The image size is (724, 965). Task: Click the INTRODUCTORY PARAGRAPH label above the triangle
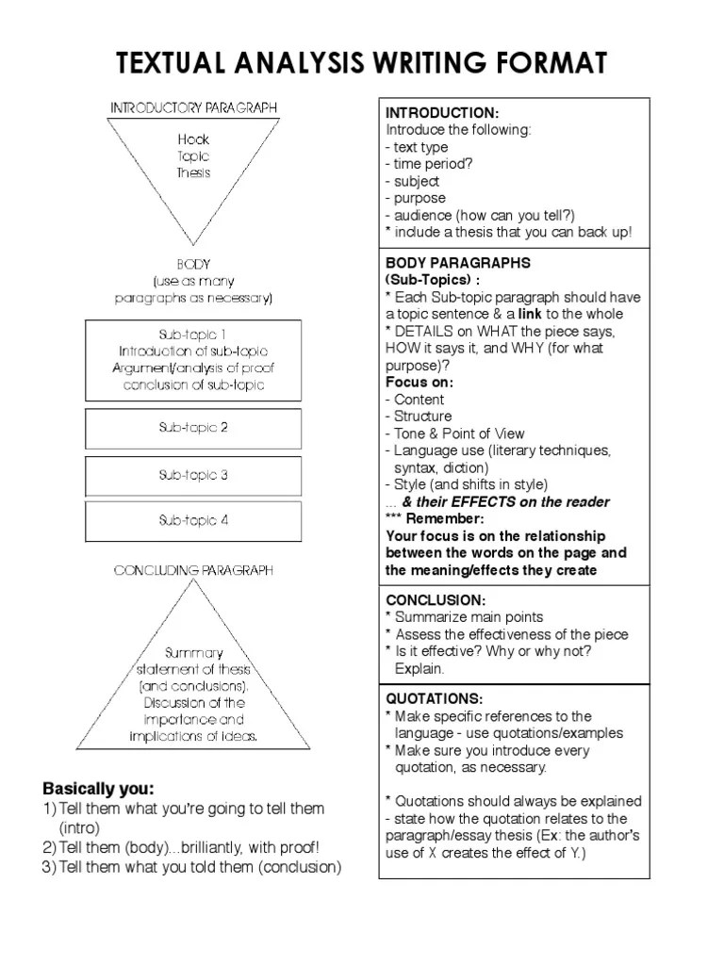click(194, 108)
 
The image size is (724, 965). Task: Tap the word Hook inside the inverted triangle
click(193, 139)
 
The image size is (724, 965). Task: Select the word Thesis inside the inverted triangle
click(193, 173)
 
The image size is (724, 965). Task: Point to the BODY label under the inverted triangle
click(193, 265)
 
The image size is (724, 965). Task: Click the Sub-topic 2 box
click(193, 428)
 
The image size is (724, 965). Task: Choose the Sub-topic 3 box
click(193, 476)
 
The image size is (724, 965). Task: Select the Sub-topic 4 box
click(193, 520)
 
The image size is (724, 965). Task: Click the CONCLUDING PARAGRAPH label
click(193, 570)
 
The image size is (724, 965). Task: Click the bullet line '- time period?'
click(429, 164)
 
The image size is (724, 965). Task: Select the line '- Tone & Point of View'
click(454, 433)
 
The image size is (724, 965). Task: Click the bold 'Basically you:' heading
click(98, 789)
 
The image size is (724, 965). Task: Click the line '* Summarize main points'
click(464, 617)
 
